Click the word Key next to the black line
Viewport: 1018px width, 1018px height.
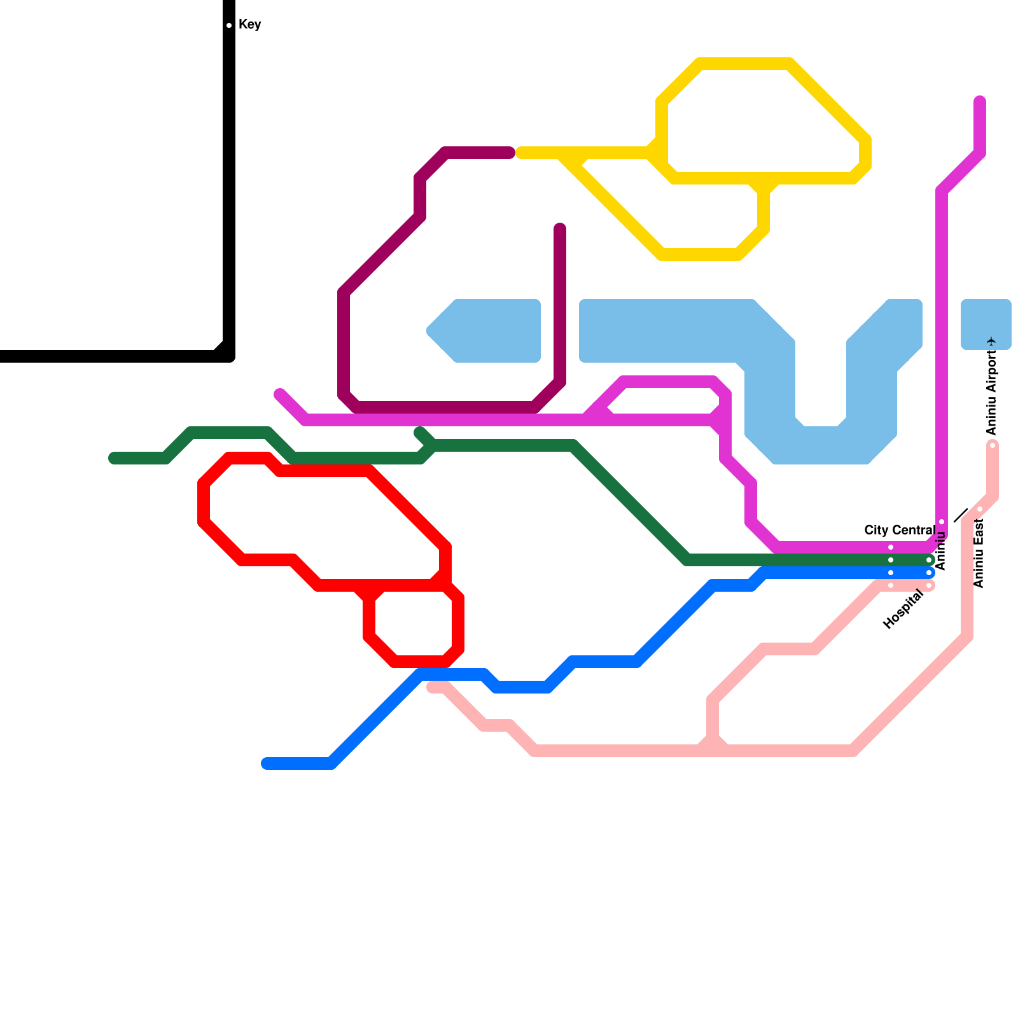tap(249, 25)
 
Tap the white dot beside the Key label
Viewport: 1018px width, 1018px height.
tap(229, 25)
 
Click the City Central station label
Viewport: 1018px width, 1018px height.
tap(899, 530)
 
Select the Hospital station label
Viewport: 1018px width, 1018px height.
tap(903, 610)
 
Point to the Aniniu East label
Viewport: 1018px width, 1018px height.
tap(979, 553)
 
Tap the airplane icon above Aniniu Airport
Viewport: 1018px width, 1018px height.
tap(991, 342)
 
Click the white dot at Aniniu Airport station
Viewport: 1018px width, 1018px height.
tap(993, 445)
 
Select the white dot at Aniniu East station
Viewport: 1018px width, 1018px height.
tap(980, 509)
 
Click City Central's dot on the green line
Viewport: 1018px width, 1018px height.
tap(891, 560)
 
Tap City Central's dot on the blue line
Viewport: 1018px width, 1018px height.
tap(891, 573)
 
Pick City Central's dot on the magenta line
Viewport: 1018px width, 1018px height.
tap(891, 547)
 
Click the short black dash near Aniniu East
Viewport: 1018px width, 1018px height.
tap(961, 515)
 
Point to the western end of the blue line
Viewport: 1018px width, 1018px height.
tap(267, 763)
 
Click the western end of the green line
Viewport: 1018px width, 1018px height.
tap(114, 458)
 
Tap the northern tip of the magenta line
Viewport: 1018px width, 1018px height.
tap(980, 101)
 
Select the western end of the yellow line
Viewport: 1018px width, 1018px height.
tap(520, 153)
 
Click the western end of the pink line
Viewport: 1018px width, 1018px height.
tap(432, 687)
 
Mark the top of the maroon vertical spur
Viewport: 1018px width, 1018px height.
tap(560, 228)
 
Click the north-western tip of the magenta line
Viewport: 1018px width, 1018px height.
tap(279, 394)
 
